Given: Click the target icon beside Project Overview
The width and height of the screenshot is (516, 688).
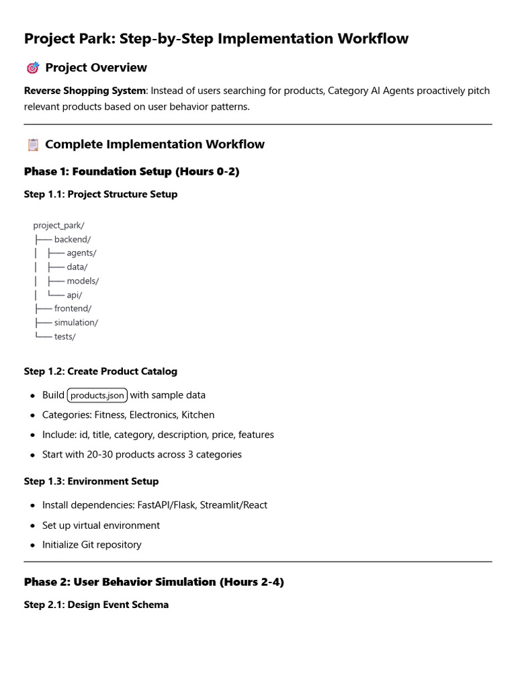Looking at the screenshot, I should click(x=32, y=68).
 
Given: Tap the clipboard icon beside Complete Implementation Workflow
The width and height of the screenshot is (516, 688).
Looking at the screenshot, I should click(x=32, y=144).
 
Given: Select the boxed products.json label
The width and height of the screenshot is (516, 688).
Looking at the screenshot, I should click(x=97, y=395).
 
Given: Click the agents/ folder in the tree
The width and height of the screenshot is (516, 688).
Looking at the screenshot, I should click(x=81, y=253).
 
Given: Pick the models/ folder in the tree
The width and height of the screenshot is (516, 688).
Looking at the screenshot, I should click(x=83, y=281).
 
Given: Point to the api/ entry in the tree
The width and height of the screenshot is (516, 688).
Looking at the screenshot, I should click(x=75, y=295).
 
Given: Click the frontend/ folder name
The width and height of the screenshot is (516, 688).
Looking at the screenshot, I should click(x=73, y=308).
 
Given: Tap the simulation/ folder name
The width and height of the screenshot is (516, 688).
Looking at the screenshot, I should click(x=76, y=322).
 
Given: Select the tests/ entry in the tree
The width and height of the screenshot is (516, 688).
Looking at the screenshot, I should click(x=65, y=337).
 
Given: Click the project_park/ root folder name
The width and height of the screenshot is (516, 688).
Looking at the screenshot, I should click(x=58, y=225).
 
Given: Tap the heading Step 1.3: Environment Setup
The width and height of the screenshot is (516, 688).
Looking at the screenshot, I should click(x=91, y=481).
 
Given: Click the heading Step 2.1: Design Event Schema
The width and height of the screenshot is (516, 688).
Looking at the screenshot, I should click(x=96, y=605).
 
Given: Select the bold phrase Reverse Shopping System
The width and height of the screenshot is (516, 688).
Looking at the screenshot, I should click(x=85, y=91).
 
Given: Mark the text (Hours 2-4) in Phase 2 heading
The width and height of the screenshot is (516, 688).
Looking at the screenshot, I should click(x=252, y=582).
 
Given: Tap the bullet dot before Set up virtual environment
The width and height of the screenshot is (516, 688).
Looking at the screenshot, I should click(x=32, y=526).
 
